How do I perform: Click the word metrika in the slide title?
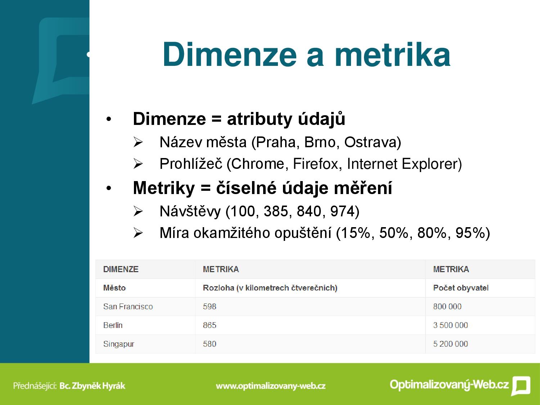coord(393,54)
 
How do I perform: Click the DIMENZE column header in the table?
coord(121,269)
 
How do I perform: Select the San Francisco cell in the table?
coord(128,306)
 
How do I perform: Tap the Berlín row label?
coord(113,325)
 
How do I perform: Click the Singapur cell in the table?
coord(118,344)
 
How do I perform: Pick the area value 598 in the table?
coord(210,306)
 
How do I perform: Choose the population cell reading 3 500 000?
coord(450,325)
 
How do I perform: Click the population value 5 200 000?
coord(450,344)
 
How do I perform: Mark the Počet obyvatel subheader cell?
coord(460,288)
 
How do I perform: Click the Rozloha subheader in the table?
coord(270,288)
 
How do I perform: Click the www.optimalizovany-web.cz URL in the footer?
coord(271,386)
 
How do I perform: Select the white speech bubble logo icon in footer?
coord(521,386)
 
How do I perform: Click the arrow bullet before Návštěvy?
coord(138,211)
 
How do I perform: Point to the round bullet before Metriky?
coord(109,188)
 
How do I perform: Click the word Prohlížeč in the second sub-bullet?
coord(191,164)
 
